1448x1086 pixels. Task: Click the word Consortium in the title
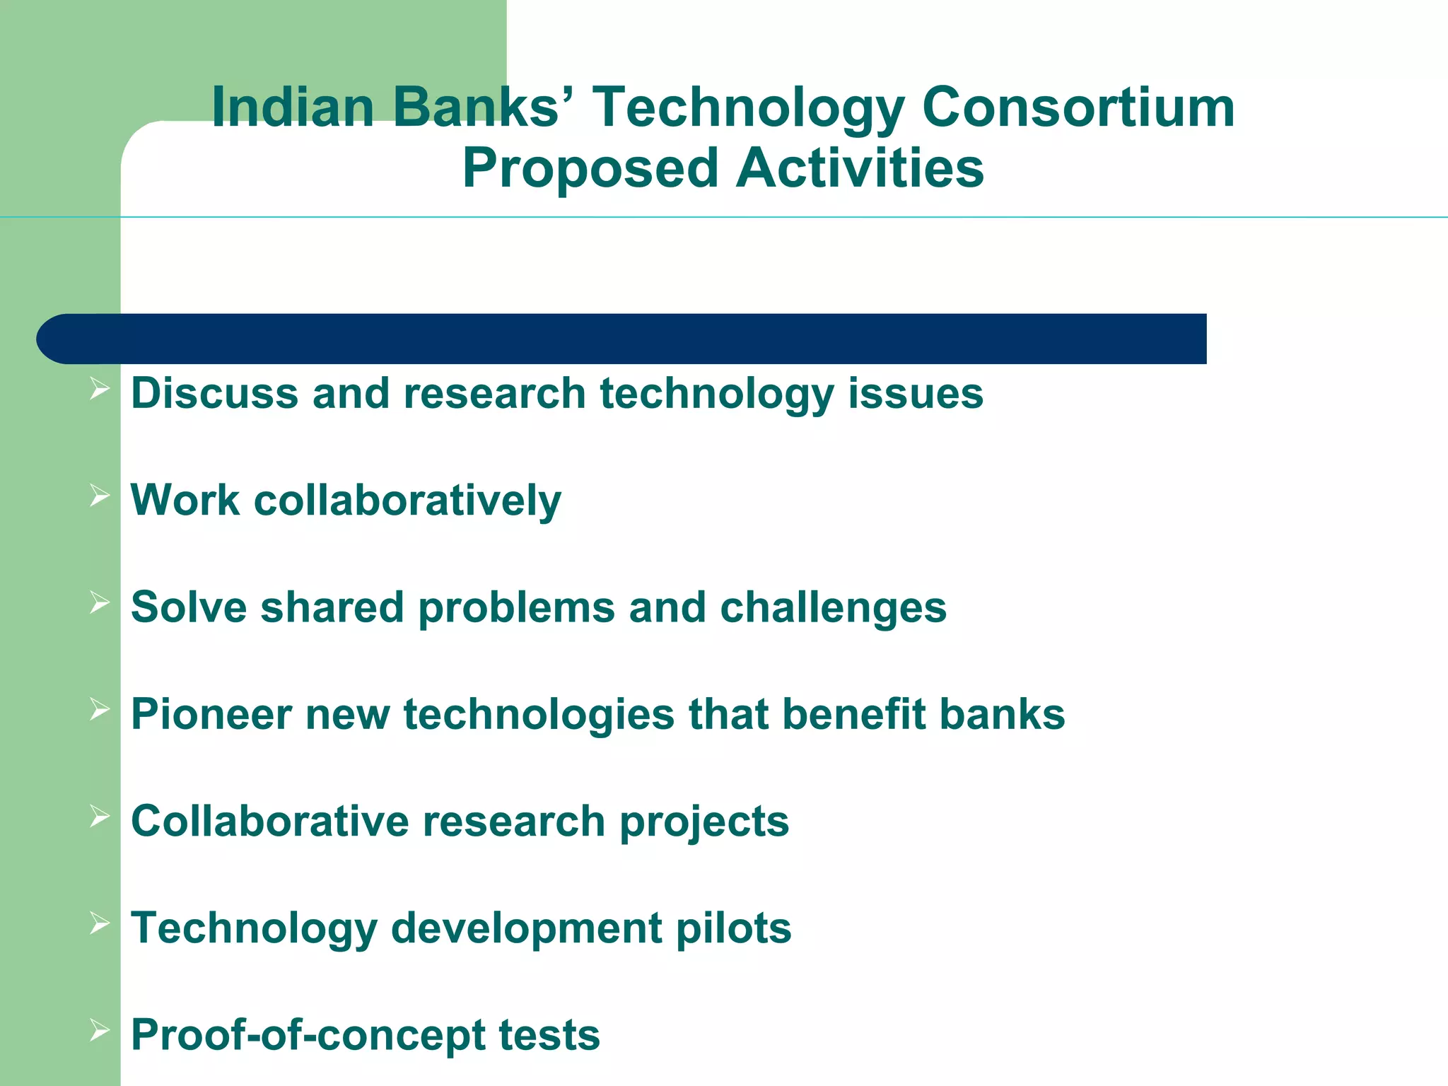(x=1078, y=107)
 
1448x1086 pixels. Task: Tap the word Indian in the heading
(x=292, y=107)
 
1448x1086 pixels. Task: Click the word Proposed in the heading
(x=590, y=169)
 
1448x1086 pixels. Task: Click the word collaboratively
(x=407, y=501)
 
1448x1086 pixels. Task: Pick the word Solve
(x=189, y=607)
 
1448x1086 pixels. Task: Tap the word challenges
(x=833, y=609)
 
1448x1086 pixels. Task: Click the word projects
(x=703, y=822)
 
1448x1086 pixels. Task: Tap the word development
(x=526, y=930)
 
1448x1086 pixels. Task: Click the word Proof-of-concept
(x=308, y=1036)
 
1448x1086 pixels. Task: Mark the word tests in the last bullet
(x=549, y=1036)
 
